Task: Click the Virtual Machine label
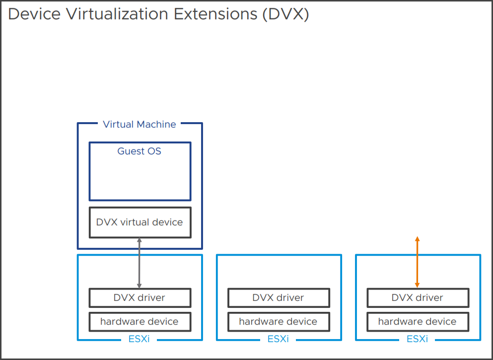[140, 125]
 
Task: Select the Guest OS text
[140, 151]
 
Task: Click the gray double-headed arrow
[140, 263]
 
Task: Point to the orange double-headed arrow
[417, 262]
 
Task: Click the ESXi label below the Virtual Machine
[139, 339]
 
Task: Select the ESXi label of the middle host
[278, 339]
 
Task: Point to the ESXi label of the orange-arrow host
[417, 339]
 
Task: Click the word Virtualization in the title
[117, 14]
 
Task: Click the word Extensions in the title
[215, 14]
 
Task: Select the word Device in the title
[34, 14]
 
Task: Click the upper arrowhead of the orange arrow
[417, 239]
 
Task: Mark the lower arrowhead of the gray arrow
[140, 286]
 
